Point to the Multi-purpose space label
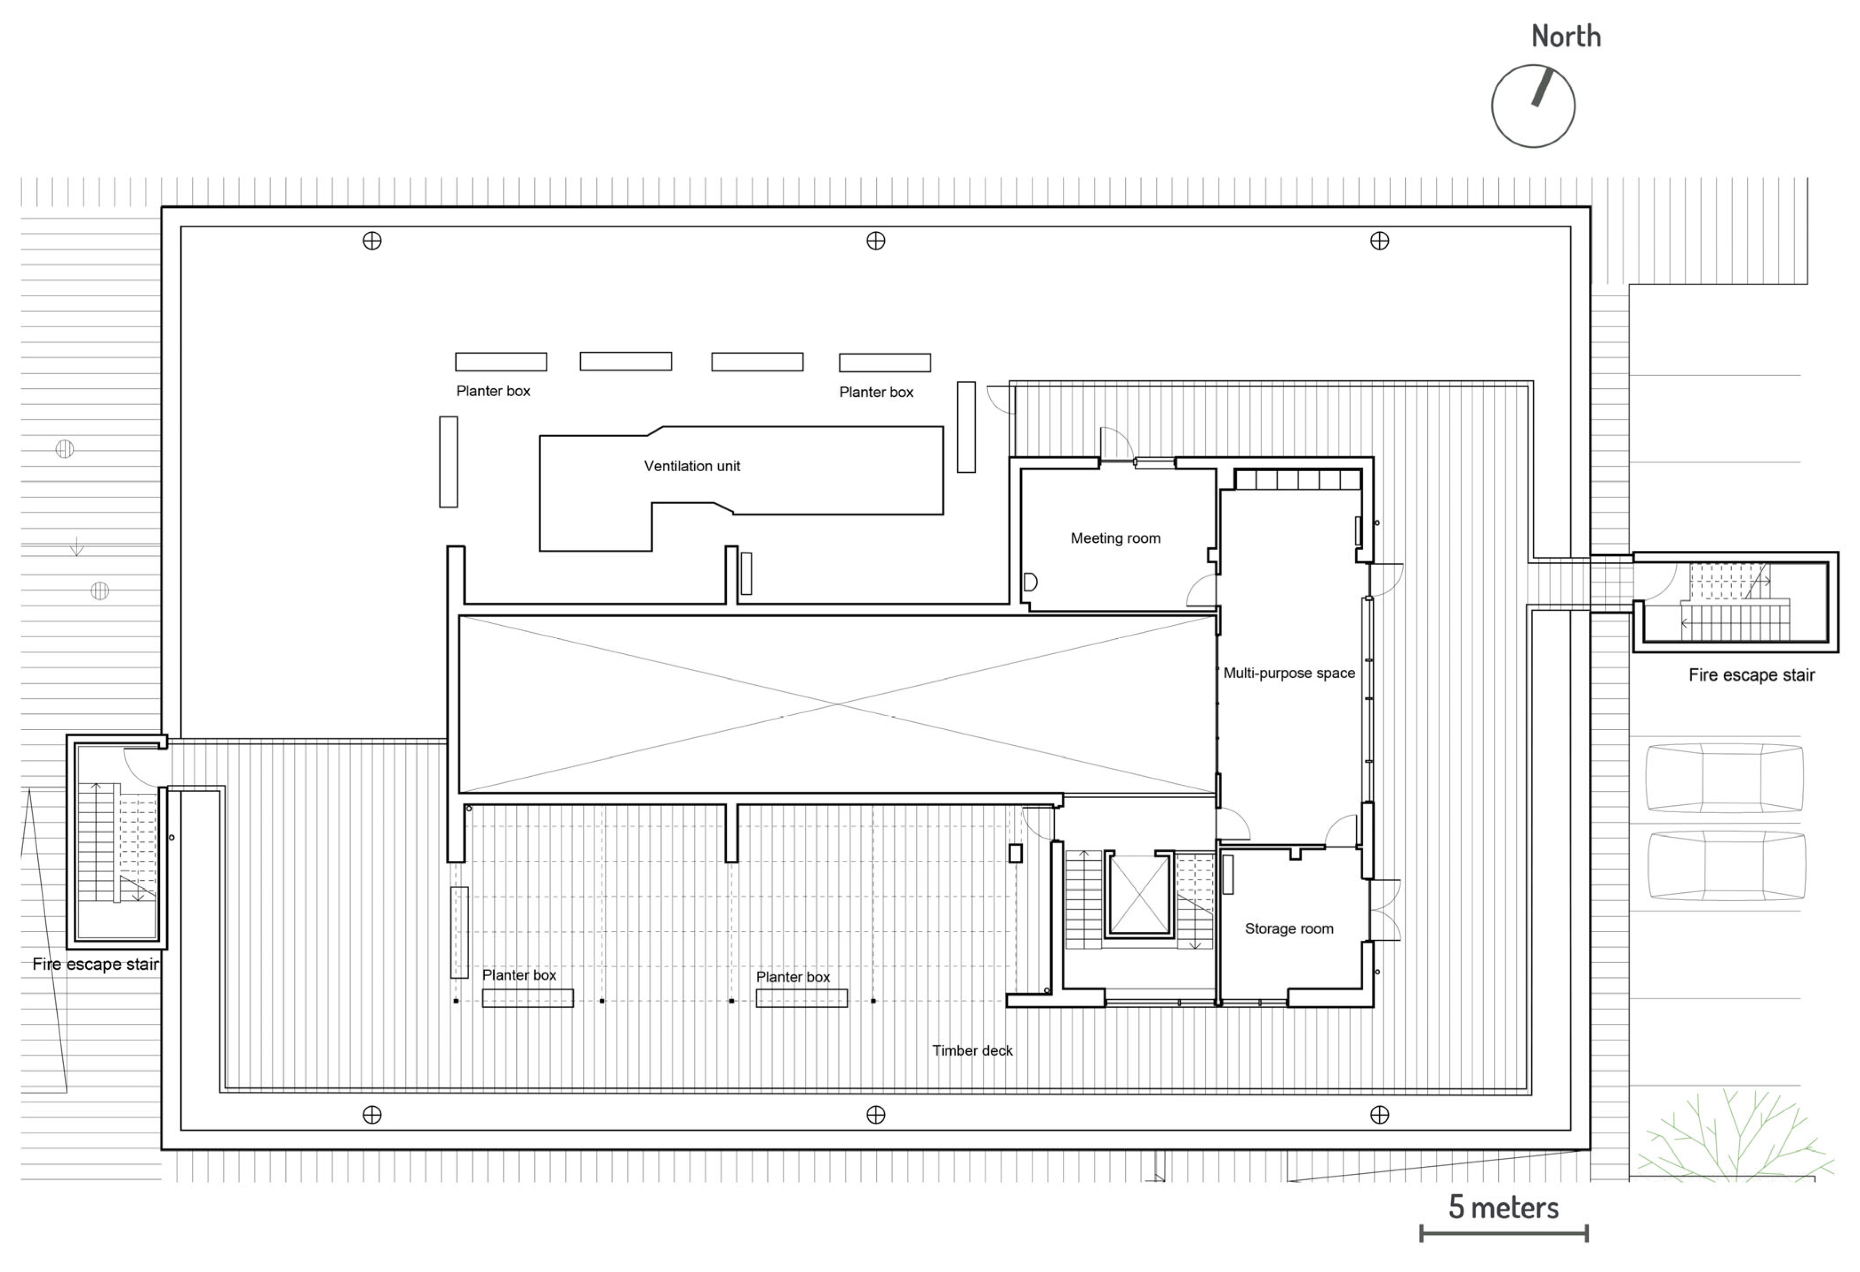[x=1289, y=673]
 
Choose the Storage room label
[x=1289, y=929]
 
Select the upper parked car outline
[x=1725, y=778]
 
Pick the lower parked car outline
[x=1726, y=865]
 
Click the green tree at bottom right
[x=1733, y=1137]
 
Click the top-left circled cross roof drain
[x=372, y=240]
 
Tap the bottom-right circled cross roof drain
[x=1379, y=1114]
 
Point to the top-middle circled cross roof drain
[x=875, y=240]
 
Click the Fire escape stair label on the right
[x=1751, y=675]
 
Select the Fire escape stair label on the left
[x=95, y=964]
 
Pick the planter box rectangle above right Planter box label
[x=884, y=362]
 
